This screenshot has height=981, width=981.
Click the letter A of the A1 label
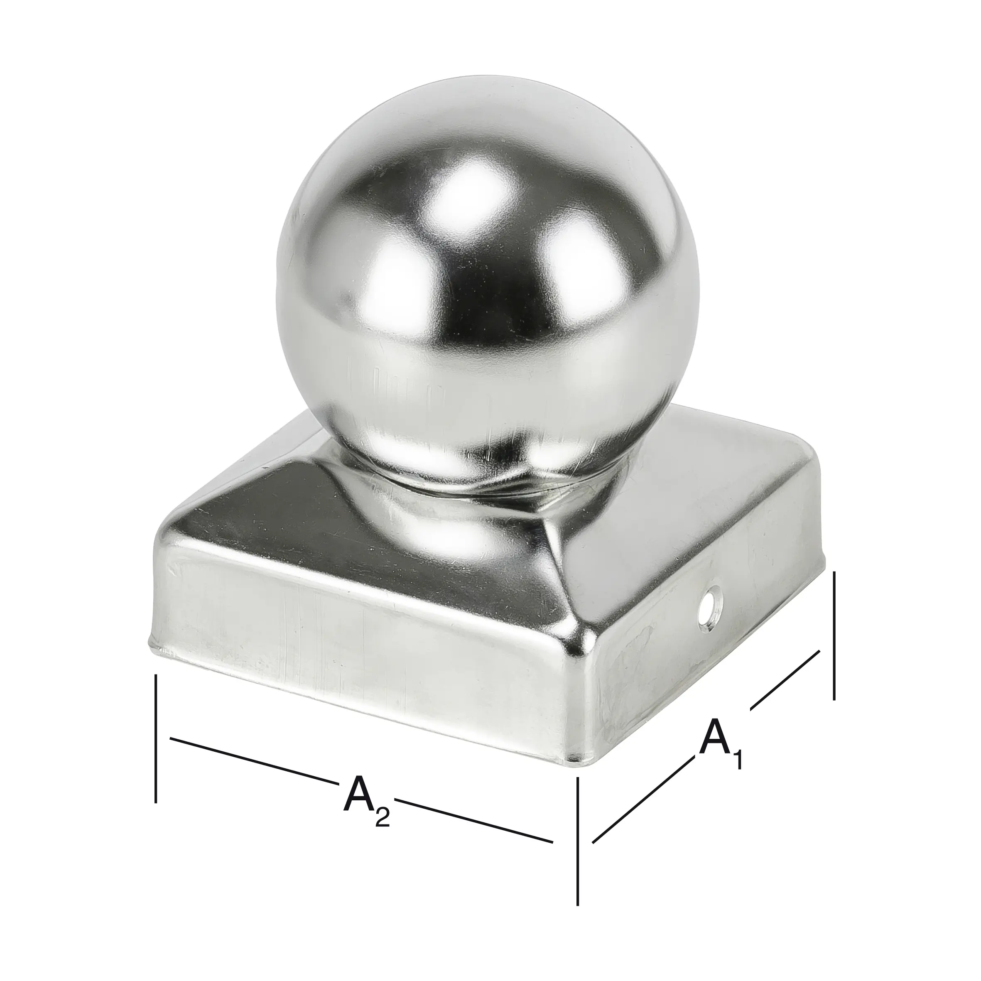pyautogui.click(x=716, y=736)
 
